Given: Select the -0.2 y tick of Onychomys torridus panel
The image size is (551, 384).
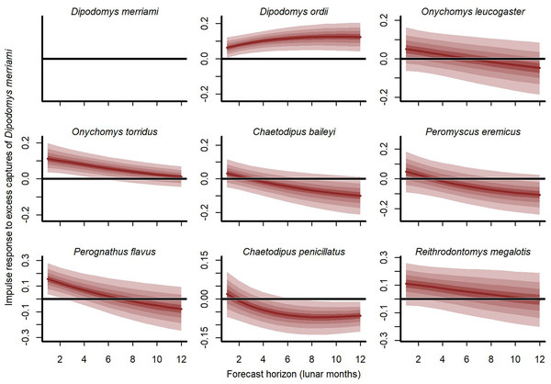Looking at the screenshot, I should pyautogui.click(x=33, y=216).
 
